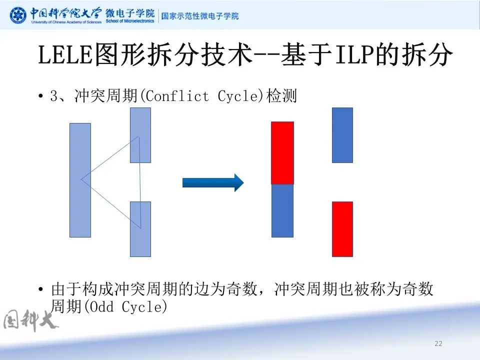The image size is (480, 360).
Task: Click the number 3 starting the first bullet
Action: (x=54, y=96)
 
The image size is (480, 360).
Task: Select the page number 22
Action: (x=438, y=343)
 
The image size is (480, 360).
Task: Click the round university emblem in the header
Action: (x=18, y=15)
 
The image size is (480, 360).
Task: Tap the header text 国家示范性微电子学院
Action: (x=200, y=16)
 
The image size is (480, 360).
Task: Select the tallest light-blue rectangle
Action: (x=80, y=180)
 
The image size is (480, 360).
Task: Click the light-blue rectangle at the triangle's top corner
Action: (x=140, y=135)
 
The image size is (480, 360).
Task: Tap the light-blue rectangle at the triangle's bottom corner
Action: (x=140, y=229)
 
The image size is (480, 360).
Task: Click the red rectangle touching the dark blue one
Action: (x=282, y=152)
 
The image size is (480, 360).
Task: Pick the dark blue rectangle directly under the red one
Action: (x=282, y=210)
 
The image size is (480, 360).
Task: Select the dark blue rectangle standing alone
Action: (x=342, y=135)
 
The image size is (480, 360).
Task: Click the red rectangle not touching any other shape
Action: (x=342, y=229)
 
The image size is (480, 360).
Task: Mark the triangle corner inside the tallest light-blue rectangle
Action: (x=82, y=178)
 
